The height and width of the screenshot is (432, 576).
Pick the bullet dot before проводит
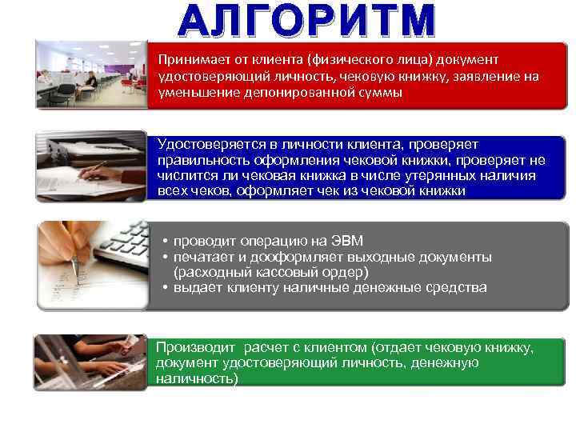[163, 241]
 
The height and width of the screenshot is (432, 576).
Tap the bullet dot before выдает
[163, 287]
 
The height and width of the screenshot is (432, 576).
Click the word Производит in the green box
[196, 347]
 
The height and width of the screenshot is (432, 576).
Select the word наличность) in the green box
[197, 378]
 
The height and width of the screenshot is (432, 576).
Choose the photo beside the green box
[90, 362]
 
